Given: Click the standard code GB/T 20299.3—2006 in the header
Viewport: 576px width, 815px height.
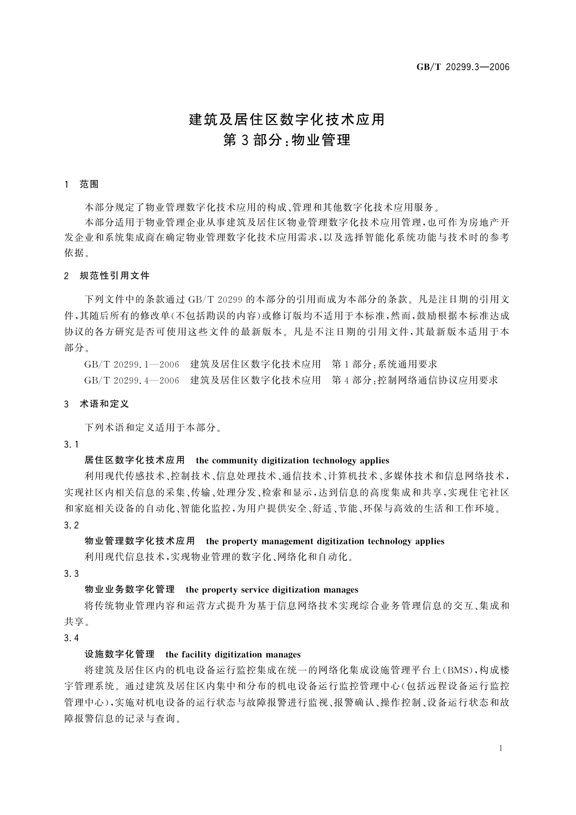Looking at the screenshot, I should pyautogui.click(x=463, y=67).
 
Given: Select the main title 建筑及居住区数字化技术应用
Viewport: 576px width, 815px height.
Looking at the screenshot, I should pyautogui.click(x=287, y=119).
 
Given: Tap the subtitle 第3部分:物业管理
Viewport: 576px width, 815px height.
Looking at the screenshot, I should pyautogui.click(x=287, y=140).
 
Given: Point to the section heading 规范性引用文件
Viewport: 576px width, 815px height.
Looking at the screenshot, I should pyautogui.click(x=115, y=276).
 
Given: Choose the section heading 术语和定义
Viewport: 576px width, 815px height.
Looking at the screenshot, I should pyautogui.click(x=104, y=404).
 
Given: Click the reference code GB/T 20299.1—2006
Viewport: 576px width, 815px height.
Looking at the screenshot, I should pyautogui.click(x=132, y=364).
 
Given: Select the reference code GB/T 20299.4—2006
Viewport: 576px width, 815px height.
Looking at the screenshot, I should pyautogui.click(x=132, y=380).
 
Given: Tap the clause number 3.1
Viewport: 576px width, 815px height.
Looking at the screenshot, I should pyautogui.click(x=71, y=444).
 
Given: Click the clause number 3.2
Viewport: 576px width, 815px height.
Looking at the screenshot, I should pyautogui.click(x=71, y=525).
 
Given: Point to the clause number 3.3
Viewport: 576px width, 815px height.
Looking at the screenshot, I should pyautogui.click(x=71, y=574).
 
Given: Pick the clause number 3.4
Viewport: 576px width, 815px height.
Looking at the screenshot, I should pyautogui.click(x=71, y=638).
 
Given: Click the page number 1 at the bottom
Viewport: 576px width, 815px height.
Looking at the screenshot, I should pyautogui.click(x=501, y=748).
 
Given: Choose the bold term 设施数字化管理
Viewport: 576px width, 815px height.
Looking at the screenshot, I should pyautogui.click(x=119, y=654).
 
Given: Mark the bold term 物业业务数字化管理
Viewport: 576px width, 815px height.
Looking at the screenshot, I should pyautogui.click(x=130, y=589).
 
